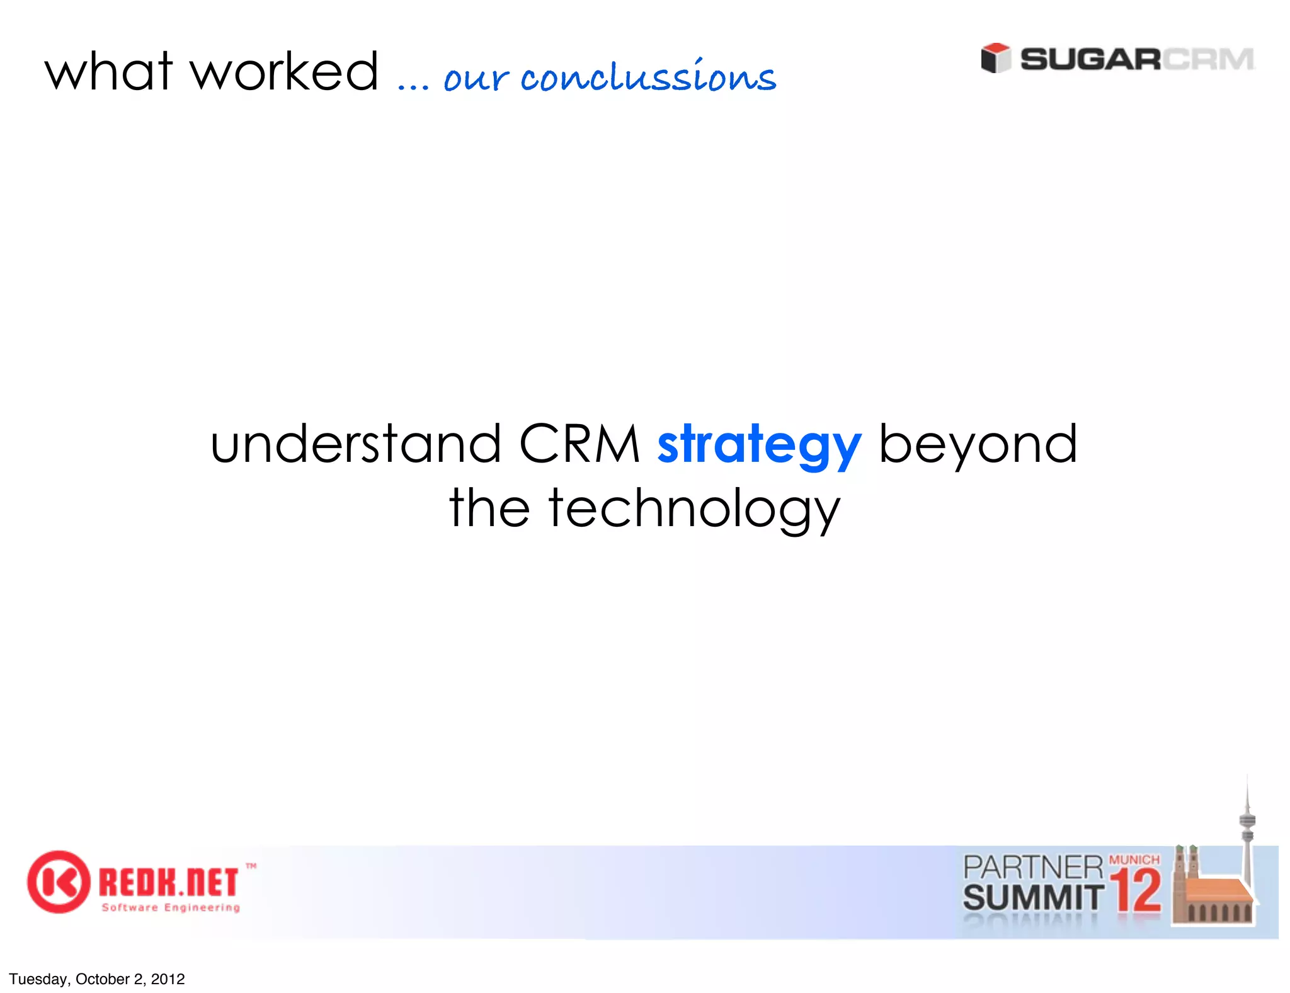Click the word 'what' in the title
click(x=108, y=72)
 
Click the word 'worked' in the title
click(x=285, y=72)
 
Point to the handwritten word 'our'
click(x=476, y=79)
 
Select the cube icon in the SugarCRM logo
click(x=995, y=59)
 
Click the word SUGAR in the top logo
click(x=1090, y=60)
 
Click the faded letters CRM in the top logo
click(x=1208, y=60)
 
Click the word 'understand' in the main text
click(x=356, y=444)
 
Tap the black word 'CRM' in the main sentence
click(x=579, y=444)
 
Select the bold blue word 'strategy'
click(x=759, y=446)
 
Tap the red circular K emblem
click(x=58, y=881)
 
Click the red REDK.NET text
click(x=169, y=882)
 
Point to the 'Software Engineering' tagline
click(x=171, y=908)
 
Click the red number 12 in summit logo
click(x=1136, y=892)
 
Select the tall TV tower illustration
click(x=1247, y=832)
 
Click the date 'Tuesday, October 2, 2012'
click(x=97, y=979)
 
